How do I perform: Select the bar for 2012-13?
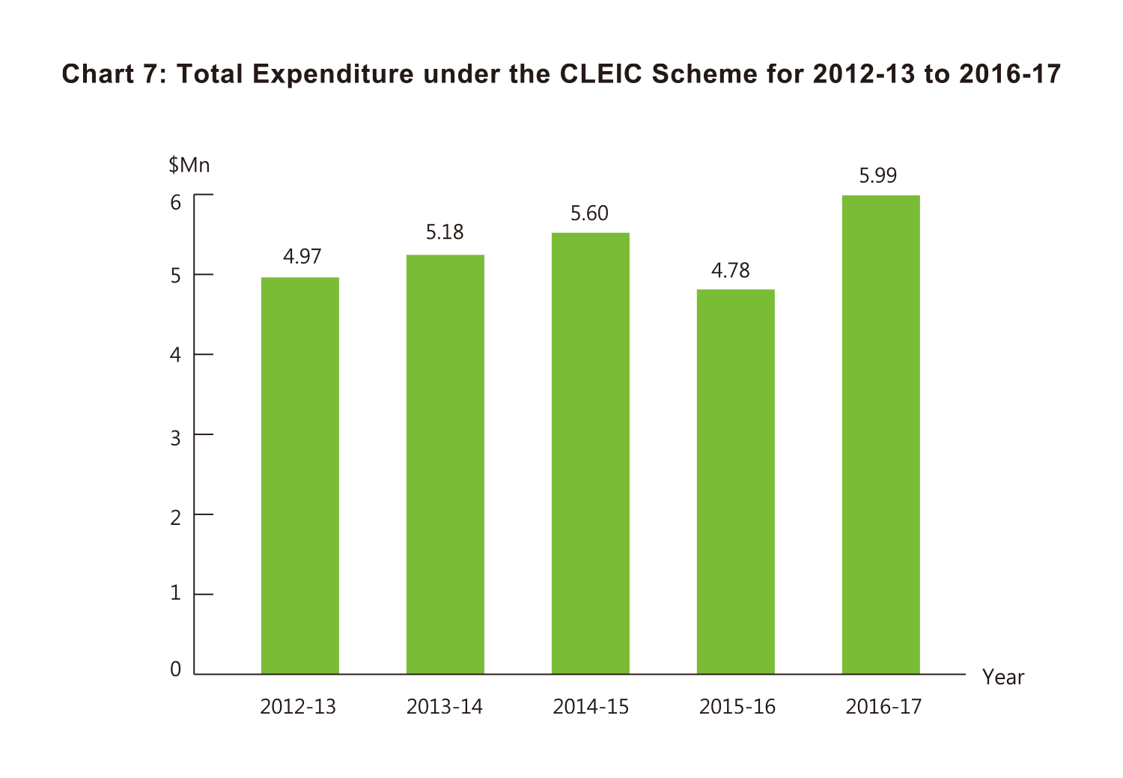pos(299,475)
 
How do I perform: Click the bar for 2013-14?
pos(445,464)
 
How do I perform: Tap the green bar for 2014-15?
pos(590,453)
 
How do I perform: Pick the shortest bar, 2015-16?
pos(735,481)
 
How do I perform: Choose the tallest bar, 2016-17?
pos(880,434)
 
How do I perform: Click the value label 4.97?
pos(302,257)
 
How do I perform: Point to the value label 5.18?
pos(445,232)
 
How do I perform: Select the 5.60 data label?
pos(589,213)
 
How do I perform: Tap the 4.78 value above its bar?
pos(730,270)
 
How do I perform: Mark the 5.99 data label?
pos(877,176)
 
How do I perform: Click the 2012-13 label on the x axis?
pos(298,707)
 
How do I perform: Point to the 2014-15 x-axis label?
pos(591,707)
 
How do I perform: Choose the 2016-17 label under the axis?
pos(883,707)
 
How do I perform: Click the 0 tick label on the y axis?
pos(175,669)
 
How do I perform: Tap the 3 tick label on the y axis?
pos(175,438)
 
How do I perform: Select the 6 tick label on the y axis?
pos(175,202)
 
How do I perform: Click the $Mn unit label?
pos(189,165)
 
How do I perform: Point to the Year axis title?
pos(1002,678)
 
